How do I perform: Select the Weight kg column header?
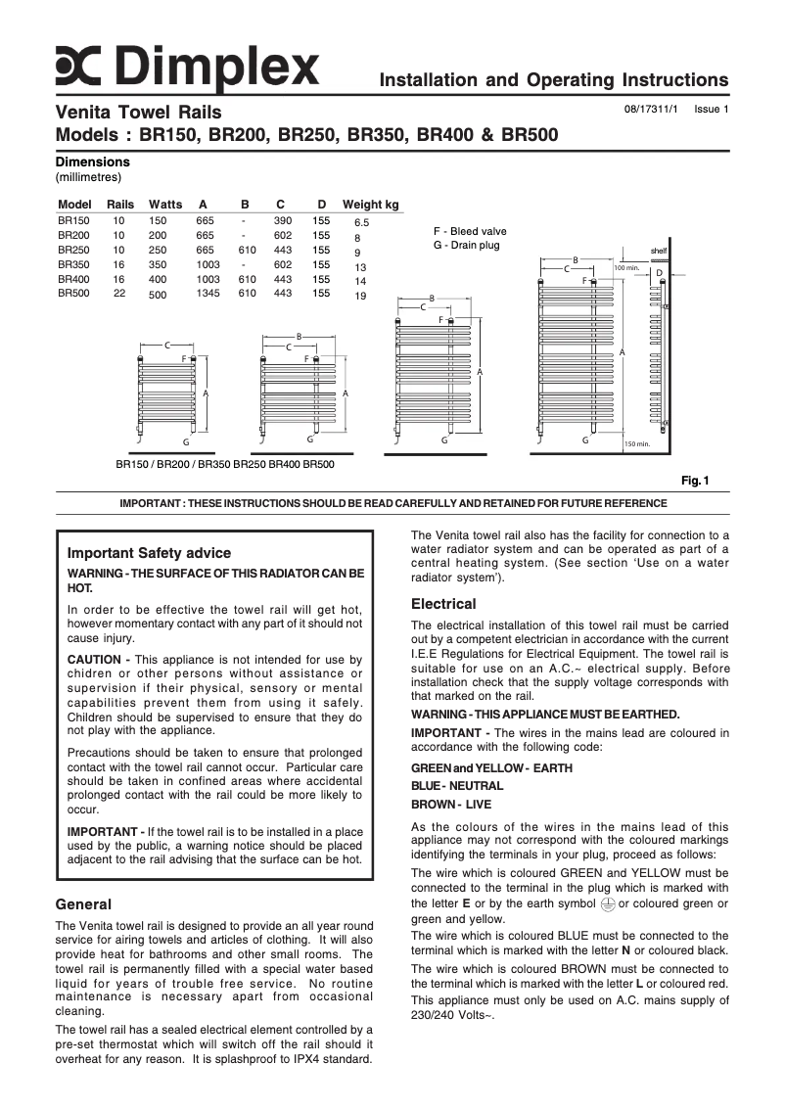point(370,205)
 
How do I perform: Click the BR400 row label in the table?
point(73,279)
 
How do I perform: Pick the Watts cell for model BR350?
point(158,264)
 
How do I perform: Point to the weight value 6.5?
point(361,223)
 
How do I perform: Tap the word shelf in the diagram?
point(659,251)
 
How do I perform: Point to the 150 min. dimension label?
point(636,444)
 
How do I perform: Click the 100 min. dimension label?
point(625,267)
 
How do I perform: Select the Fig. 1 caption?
point(695,480)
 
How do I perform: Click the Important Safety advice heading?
point(149,553)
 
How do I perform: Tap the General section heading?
point(83,903)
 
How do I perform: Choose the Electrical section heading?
point(443,604)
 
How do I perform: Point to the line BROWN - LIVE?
point(451,804)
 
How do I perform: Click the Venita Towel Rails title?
point(138,113)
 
